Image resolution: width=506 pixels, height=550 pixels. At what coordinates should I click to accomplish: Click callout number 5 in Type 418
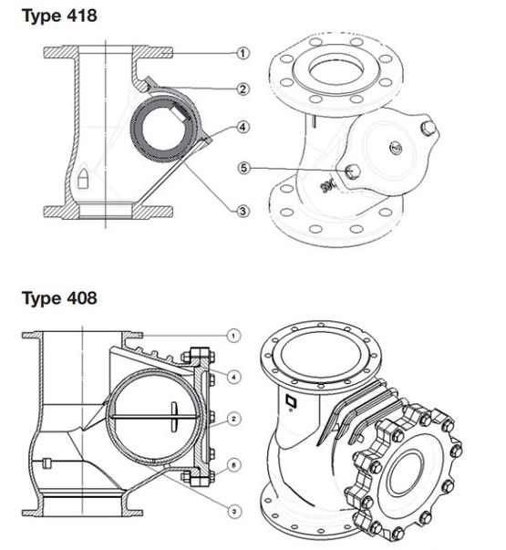pyautogui.click(x=243, y=168)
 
